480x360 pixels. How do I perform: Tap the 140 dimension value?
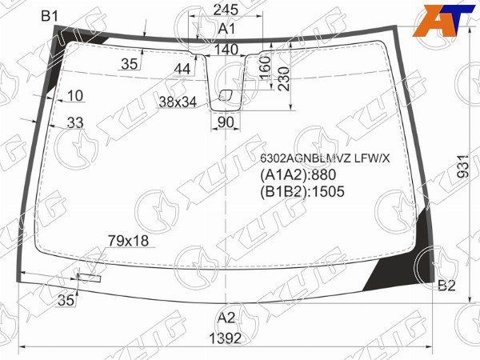(226, 50)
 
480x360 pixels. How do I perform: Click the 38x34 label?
(178, 102)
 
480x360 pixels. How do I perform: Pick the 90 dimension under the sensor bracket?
(225, 122)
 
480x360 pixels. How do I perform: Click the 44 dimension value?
(182, 70)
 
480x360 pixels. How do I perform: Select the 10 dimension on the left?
(75, 96)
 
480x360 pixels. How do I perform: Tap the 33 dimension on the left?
(75, 122)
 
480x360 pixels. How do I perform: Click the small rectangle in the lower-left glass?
(89, 278)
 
